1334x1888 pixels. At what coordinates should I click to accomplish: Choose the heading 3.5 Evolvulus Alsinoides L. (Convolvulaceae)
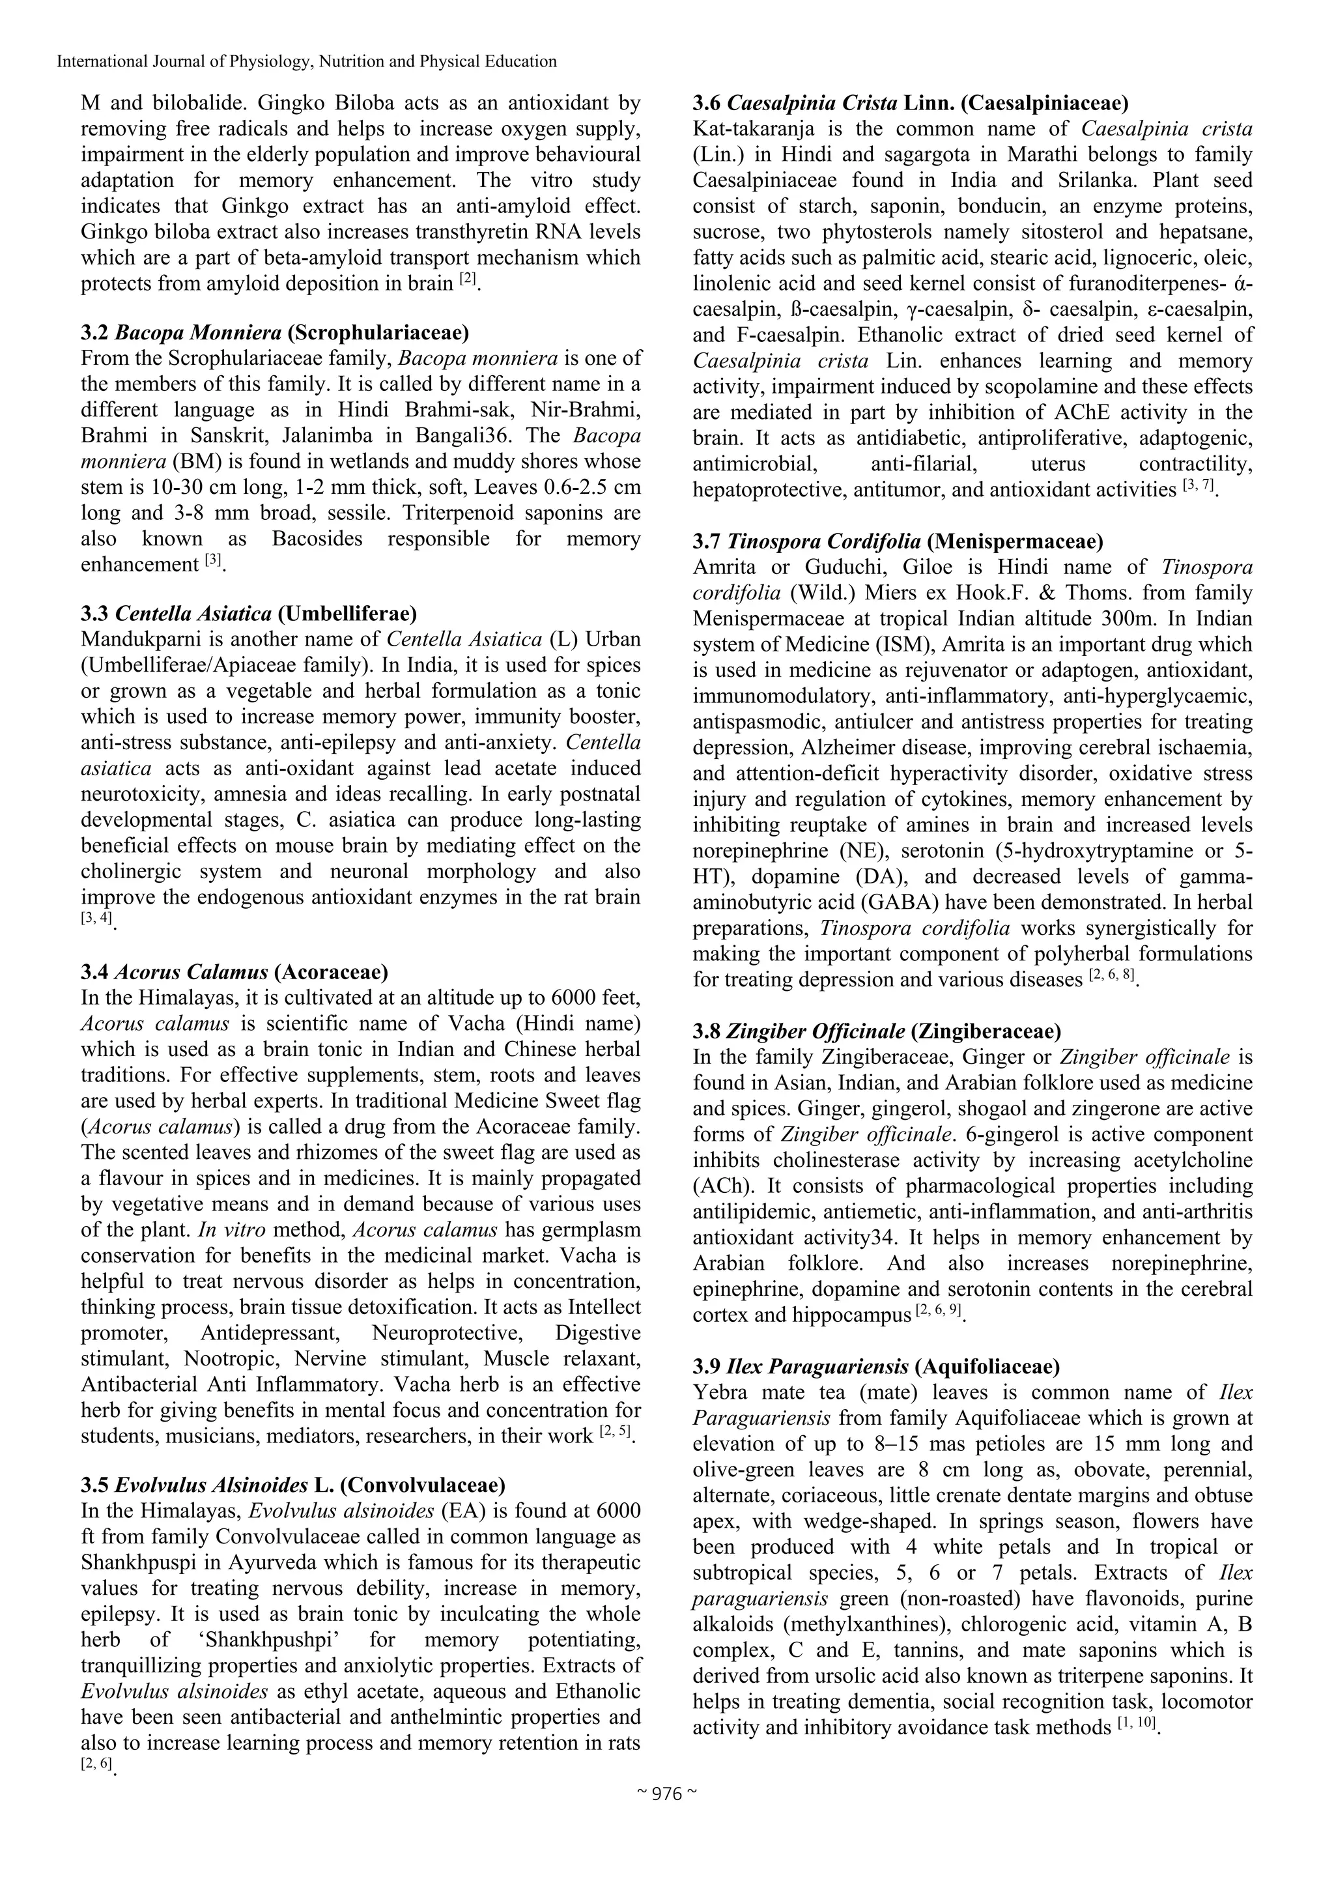pos(292,1485)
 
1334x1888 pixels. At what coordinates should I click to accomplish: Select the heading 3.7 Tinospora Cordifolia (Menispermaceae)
pos(898,541)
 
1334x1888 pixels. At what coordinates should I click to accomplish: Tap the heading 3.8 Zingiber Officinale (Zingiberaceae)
pos(876,1031)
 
